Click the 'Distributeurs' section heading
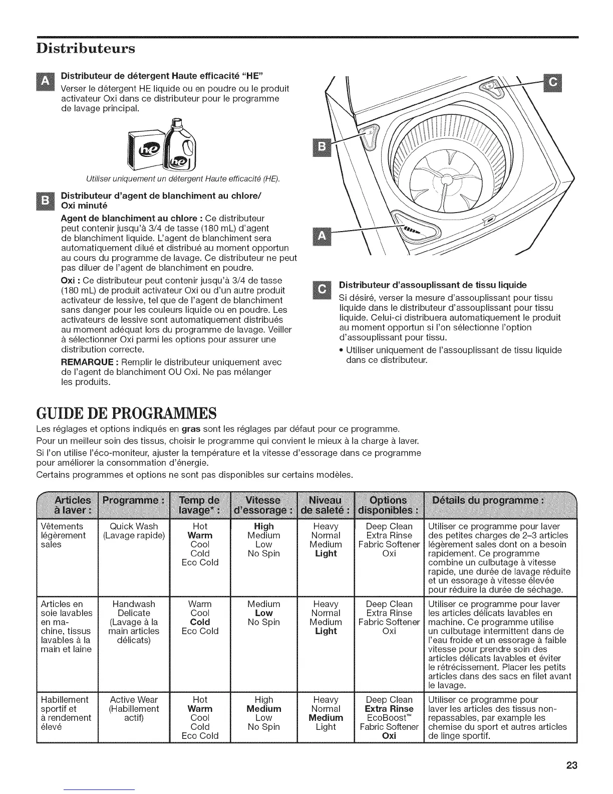(86, 49)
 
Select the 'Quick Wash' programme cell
(134, 526)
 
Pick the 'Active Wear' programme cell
(134, 699)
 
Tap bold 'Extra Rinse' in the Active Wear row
(389, 709)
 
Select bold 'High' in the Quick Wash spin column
(263, 526)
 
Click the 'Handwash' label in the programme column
(134, 604)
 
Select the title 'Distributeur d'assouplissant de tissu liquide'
(433, 285)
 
